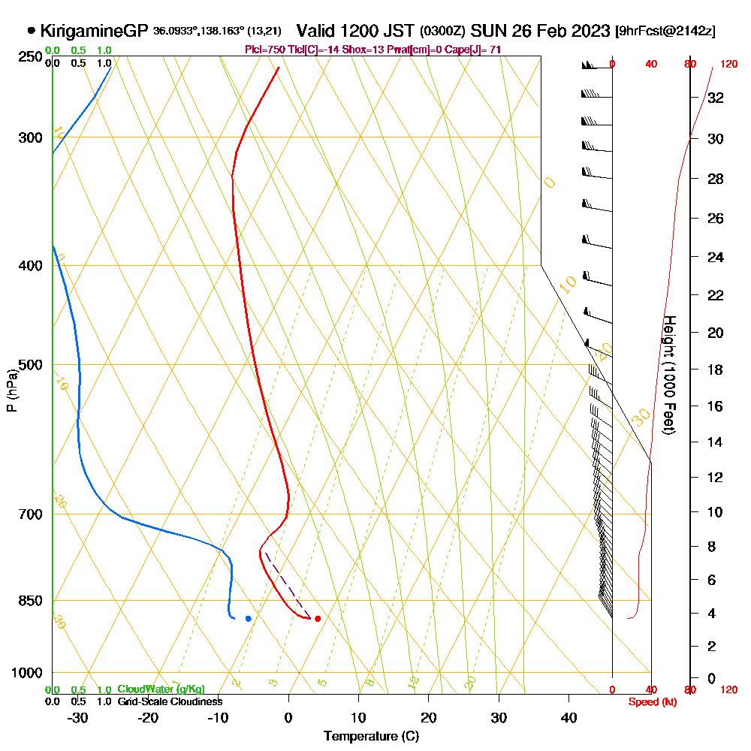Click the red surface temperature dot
click(318, 619)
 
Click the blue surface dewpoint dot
click(248, 618)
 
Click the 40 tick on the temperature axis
click(569, 717)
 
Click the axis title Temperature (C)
click(372, 737)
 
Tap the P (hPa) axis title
click(11, 390)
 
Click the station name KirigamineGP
click(94, 32)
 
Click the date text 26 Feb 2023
click(559, 31)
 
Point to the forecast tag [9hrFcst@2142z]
click(665, 32)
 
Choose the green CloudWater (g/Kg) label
click(161, 689)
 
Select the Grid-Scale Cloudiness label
click(170, 701)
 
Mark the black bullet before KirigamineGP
click(31, 31)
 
